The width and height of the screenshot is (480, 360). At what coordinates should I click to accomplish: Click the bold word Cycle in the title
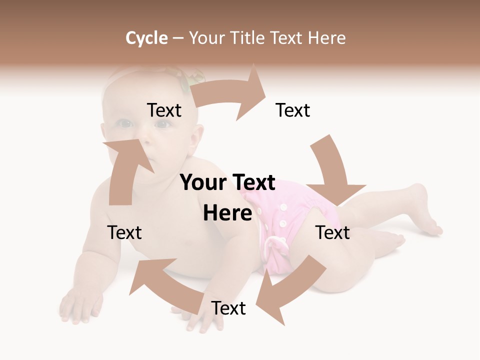(x=146, y=38)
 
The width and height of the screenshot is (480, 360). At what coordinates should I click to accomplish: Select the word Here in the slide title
(x=326, y=38)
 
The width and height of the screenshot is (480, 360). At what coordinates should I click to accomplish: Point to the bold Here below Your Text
(x=227, y=213)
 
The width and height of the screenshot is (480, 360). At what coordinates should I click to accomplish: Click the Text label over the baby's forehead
(x=164, y=110)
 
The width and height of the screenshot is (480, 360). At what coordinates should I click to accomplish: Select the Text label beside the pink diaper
(x=332, y=232)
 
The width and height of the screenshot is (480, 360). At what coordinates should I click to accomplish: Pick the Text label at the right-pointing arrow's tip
(x=293, y=110)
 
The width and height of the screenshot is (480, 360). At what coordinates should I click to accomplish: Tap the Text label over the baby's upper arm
(x=124, y=232)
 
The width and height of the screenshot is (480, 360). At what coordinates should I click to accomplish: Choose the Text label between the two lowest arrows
(x=228, y=308)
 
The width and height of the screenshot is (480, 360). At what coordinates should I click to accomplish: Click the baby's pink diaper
(x=280, y=220)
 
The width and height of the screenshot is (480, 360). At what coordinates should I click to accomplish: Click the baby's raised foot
(x=425, y=210)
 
